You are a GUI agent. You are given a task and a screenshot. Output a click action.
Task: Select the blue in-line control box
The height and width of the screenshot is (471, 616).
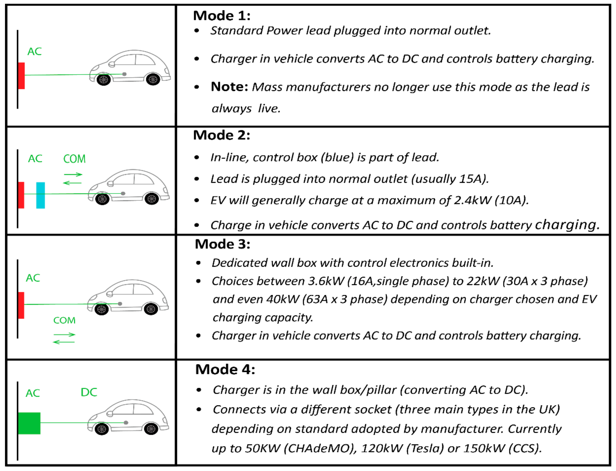pos(41,195)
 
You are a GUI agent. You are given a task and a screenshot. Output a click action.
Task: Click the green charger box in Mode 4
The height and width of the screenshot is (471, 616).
pos(29,423)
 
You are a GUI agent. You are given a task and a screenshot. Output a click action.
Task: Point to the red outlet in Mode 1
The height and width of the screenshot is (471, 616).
pos(21,76)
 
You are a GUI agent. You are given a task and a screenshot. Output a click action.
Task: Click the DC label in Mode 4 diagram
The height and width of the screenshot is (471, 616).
pos(89,392)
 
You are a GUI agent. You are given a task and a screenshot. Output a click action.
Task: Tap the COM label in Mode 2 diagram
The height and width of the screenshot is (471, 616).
pos(74,159)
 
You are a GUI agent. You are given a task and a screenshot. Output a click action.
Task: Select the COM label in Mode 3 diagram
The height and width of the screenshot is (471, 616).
pos(64,320)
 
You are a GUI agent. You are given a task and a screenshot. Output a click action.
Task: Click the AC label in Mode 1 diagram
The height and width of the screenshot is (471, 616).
pos(34,52)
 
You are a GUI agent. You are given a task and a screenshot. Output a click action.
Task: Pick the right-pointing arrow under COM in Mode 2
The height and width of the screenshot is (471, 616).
pos(73,174)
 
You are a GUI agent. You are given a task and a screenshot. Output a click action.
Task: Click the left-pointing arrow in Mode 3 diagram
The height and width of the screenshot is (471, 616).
pos(64,342)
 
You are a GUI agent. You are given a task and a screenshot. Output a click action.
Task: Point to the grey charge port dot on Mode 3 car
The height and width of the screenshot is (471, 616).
pos(120,304)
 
